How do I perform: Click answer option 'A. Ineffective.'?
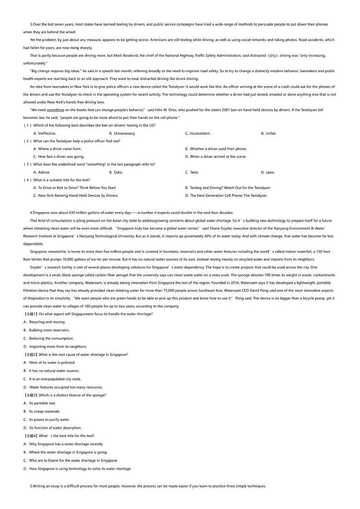coord(44,133)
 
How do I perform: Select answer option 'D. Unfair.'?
coord(268,133)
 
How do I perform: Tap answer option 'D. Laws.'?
coord(268,172)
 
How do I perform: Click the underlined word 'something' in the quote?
coord(55,110)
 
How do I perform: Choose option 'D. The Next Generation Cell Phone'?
coord(226,195)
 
